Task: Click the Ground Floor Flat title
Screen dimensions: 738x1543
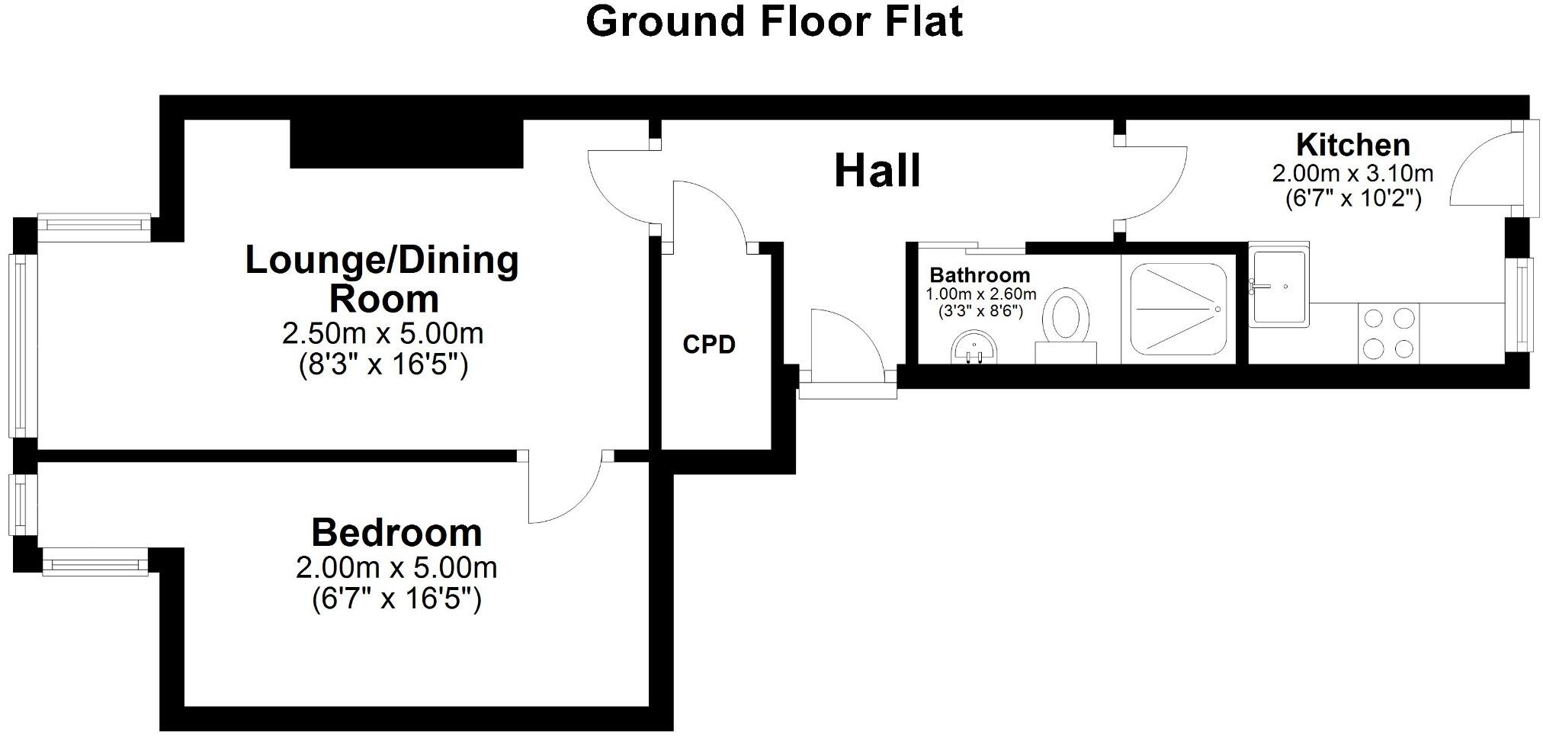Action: (x=773, y=21)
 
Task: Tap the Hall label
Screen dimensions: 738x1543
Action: (x=877, y=171)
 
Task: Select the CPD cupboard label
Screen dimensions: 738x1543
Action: (x=708, y=345)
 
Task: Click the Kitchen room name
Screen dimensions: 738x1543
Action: (x=1352, y=145)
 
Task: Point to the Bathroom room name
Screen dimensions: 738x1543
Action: (x=979, y=274)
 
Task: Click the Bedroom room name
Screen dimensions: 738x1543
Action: (x=396, y=532)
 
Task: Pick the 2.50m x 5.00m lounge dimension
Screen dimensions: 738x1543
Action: (x=383, y=334)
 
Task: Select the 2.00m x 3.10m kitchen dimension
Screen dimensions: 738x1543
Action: (x=1352, y=174)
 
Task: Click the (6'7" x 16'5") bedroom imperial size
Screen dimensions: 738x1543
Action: (x=396, y=599)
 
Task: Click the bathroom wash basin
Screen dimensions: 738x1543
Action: (x=974, y=349)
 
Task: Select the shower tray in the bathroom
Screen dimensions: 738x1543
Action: (x=1178, y=309)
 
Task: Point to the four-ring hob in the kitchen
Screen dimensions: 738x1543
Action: (x=1388, y=332)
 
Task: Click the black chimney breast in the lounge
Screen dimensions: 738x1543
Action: (x=406, y=144)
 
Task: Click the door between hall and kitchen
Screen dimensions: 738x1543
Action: (x=1151, y=183)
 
